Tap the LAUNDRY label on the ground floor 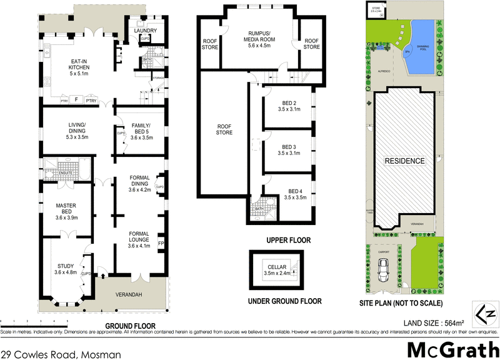144,30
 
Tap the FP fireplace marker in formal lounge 161,242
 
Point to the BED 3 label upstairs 288,149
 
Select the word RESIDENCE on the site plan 404,161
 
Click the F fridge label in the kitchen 76,100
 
